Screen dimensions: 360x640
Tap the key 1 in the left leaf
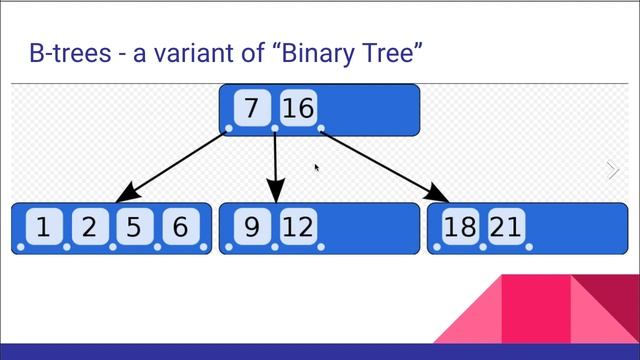43,228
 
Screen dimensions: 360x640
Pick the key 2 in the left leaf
89,228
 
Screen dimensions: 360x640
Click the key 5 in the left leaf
134,228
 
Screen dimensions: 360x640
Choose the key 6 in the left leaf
180,228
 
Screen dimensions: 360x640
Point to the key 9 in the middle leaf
251,228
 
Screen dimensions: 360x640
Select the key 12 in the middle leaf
297,228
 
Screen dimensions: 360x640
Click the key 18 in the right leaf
460,228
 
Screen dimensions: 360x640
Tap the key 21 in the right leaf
506,228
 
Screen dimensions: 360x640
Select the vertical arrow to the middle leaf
276,165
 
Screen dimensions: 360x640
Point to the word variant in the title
194,54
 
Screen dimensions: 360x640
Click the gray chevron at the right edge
613,170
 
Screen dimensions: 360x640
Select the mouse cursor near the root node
317,168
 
